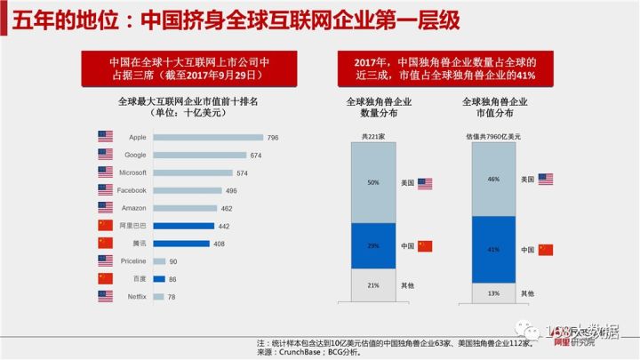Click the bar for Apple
[208, 138]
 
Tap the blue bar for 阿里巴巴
[184, 226]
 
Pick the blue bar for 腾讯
[181, 243]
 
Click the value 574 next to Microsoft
[242, 173]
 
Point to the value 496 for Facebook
[231, 190]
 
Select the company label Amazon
[133, 208]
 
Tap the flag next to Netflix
[106, 295]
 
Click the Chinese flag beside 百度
[106, 278]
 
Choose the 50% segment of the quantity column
[372, 182]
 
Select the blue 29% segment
[372, 244]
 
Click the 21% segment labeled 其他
[372, 284]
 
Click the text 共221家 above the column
[373, 136]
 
